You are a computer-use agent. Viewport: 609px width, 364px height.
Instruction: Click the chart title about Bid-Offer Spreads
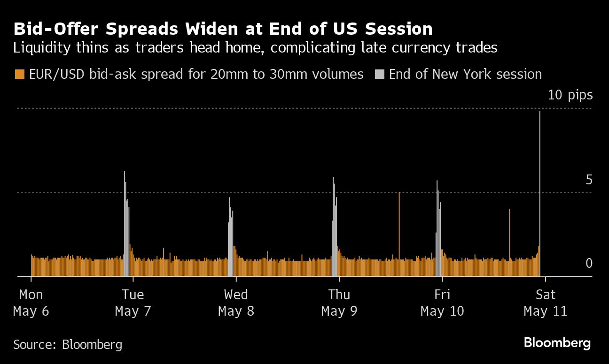coord(223,29)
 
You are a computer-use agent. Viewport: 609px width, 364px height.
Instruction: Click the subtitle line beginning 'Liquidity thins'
coord(256,47)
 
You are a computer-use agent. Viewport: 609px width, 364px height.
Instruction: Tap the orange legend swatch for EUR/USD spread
coord(19,74)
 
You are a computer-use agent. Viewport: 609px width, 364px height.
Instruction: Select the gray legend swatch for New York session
coord(380,74)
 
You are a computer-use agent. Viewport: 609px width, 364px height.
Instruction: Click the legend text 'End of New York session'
coord(465,74)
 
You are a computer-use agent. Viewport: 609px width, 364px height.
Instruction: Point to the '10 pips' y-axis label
coord(570,95)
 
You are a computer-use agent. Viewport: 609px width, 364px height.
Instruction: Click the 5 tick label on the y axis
coord(589,180)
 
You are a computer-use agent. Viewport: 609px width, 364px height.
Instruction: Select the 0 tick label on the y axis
coord(589,264)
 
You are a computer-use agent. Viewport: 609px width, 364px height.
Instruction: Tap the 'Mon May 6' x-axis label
coord(31,303)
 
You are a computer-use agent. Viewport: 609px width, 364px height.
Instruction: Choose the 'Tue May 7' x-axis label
coord(133,303)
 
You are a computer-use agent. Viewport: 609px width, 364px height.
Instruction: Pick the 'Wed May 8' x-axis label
coord(236,303)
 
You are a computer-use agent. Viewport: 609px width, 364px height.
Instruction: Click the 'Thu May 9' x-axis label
coord(339,303)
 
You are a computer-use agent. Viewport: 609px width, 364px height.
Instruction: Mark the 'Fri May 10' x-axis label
coord(442,303)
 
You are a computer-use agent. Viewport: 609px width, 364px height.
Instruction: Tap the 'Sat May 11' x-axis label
coord(545,303)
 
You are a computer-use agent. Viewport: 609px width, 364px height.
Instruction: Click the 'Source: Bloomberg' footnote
coord(68,345)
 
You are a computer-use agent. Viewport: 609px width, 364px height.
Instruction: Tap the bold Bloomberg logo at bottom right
coord(557,343)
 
